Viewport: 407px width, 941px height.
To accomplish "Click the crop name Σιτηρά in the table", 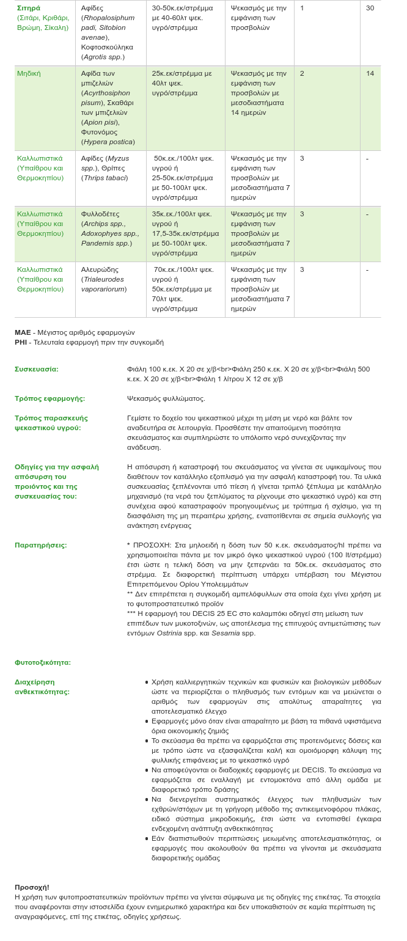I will point(29,8).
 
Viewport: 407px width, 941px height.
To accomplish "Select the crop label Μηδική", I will point(29,73).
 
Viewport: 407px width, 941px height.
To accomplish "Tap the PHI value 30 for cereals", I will point(370,8).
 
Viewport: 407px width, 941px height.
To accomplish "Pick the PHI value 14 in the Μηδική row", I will point(370,73).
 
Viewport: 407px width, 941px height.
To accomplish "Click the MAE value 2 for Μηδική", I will point(302,73).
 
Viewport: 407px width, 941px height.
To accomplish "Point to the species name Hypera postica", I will point(108,142).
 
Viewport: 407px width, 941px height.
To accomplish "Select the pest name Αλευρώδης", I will point(100,269).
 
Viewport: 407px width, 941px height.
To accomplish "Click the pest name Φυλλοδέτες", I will point(100,214).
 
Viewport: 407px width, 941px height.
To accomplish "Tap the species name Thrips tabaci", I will point(105,178).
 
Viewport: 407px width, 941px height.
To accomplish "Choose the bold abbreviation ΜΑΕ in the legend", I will point(23,332).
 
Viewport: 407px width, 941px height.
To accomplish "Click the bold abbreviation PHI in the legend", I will point(21,342).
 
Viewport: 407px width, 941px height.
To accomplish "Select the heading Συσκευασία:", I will point(37,369).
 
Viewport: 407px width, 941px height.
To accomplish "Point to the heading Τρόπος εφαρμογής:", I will point(50,398).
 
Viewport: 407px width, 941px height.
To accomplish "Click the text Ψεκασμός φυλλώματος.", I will point(166,398).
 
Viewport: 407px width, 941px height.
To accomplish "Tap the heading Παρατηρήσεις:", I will point(40,545).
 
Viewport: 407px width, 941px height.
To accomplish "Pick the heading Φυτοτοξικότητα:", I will point(43,662).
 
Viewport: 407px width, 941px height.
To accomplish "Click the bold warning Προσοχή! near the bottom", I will point(32,887).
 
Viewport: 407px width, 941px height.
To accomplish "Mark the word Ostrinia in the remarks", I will point(169,633).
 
